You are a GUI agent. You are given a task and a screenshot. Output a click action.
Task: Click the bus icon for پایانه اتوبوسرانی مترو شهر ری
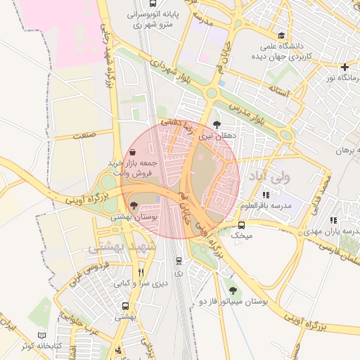tap(172, 13)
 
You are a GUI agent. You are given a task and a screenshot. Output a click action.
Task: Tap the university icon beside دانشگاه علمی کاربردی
tap(281, 35)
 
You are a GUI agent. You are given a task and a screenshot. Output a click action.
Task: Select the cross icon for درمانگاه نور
tap(345, 67)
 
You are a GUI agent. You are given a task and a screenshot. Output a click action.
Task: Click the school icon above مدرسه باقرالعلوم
tap(265, 195)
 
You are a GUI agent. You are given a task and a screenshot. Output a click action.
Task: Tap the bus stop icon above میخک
tap(242, 226)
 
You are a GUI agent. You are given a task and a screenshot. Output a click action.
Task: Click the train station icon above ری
tap(178, 260)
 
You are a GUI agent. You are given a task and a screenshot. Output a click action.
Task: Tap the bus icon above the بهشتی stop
tap(125, 307)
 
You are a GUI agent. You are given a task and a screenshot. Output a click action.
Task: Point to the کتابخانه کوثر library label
tap(37, 347)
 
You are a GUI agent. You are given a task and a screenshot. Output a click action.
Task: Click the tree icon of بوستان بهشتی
tap(134, 205)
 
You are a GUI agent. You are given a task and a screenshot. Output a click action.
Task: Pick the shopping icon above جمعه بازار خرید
tap(133, 151)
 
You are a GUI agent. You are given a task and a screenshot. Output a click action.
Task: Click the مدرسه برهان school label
tap(340, 150)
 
